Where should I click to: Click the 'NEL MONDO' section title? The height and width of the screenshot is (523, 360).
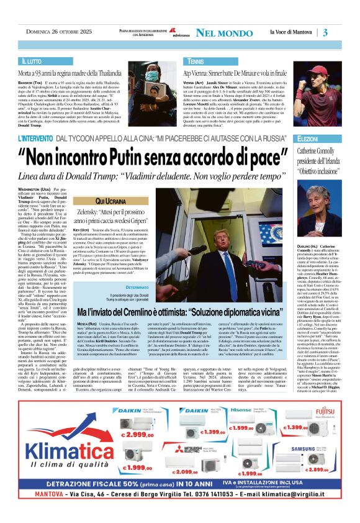click(220, 33)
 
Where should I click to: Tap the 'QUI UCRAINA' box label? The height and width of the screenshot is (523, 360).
click(109, 202)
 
